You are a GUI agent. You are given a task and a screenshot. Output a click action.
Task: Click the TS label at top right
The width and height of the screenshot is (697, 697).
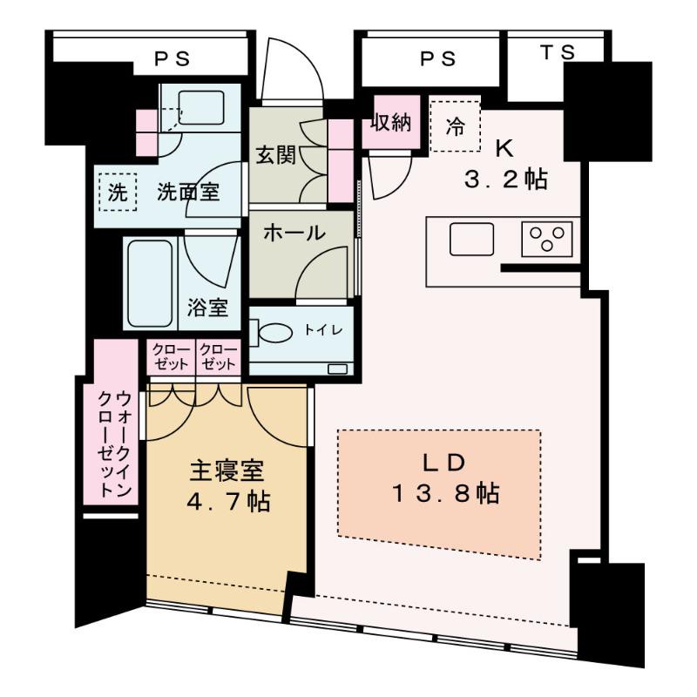558,53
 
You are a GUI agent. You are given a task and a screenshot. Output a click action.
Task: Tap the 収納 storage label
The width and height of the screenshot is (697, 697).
391,122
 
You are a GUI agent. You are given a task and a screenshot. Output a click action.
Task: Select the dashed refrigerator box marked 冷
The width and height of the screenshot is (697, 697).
456,126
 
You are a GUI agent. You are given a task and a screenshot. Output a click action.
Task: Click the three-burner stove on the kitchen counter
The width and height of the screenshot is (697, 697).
547,239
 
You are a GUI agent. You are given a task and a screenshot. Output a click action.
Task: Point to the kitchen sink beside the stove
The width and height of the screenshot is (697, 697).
471,239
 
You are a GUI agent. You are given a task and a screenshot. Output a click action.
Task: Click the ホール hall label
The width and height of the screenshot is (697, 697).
294,233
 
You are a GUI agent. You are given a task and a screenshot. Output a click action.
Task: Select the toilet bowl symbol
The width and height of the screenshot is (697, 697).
271,332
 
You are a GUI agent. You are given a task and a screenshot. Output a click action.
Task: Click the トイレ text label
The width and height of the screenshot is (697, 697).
323,330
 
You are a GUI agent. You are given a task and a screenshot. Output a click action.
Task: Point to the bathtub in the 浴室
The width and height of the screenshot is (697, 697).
150,284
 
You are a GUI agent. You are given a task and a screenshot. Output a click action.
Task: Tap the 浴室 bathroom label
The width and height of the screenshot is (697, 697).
207,308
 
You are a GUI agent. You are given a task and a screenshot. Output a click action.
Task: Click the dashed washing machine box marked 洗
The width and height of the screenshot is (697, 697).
118,192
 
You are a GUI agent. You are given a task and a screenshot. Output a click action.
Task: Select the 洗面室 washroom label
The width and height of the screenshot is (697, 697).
188,192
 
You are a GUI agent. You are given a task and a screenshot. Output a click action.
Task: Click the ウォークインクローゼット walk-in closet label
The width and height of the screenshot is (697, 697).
114,444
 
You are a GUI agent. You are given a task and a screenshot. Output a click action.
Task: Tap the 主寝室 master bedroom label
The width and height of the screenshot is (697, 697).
227,471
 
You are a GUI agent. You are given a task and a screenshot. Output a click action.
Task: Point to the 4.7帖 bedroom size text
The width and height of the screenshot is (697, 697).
228,502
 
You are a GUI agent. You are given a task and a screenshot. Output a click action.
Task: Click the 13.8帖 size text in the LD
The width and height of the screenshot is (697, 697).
446,493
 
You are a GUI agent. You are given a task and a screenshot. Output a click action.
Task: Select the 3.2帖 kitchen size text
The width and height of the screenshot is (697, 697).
506,179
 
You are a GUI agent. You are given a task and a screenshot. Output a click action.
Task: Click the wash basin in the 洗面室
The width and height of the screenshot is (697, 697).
201,107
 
